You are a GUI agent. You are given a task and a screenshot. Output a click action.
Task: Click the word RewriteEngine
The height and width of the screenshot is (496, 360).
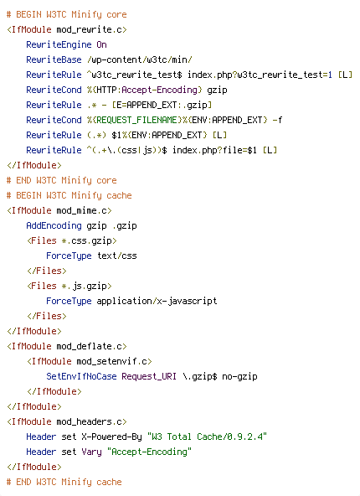(x=59, y=45)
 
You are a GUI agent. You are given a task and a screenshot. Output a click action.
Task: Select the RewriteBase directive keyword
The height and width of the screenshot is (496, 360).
(x=54, y=59)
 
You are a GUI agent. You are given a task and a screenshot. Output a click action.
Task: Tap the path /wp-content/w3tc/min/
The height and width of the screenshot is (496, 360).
(x=139, y=59)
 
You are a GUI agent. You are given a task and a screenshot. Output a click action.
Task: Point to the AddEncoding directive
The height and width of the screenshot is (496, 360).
(x=54, y=226)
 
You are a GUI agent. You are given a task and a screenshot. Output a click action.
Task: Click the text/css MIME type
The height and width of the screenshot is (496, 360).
(x=117, y=256)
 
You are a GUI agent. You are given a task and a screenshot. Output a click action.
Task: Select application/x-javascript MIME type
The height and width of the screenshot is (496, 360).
(x=157, y=301)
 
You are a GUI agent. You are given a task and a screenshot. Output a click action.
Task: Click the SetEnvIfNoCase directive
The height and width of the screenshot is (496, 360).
(x=81, y=376)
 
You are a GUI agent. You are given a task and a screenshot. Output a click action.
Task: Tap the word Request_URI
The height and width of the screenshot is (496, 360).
(x=149, y=376)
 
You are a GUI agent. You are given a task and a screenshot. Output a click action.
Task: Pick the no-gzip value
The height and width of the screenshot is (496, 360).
(x=239, y=377)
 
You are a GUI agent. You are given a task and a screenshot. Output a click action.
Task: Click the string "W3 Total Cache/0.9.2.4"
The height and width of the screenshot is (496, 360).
(x=207, y=437)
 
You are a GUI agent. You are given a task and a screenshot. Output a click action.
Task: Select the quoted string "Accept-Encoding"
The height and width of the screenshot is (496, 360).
(x=149, y=452)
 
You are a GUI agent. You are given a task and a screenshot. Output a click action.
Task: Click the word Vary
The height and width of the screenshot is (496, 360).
(x=91, y=452)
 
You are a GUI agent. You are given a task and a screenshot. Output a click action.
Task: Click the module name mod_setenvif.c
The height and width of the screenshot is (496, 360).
(x=111, y=362)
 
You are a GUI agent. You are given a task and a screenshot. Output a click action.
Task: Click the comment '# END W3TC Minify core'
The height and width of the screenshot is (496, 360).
(x=61, y=181)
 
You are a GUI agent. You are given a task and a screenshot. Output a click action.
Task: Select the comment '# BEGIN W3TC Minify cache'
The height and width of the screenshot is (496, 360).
(x=69, y=195)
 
